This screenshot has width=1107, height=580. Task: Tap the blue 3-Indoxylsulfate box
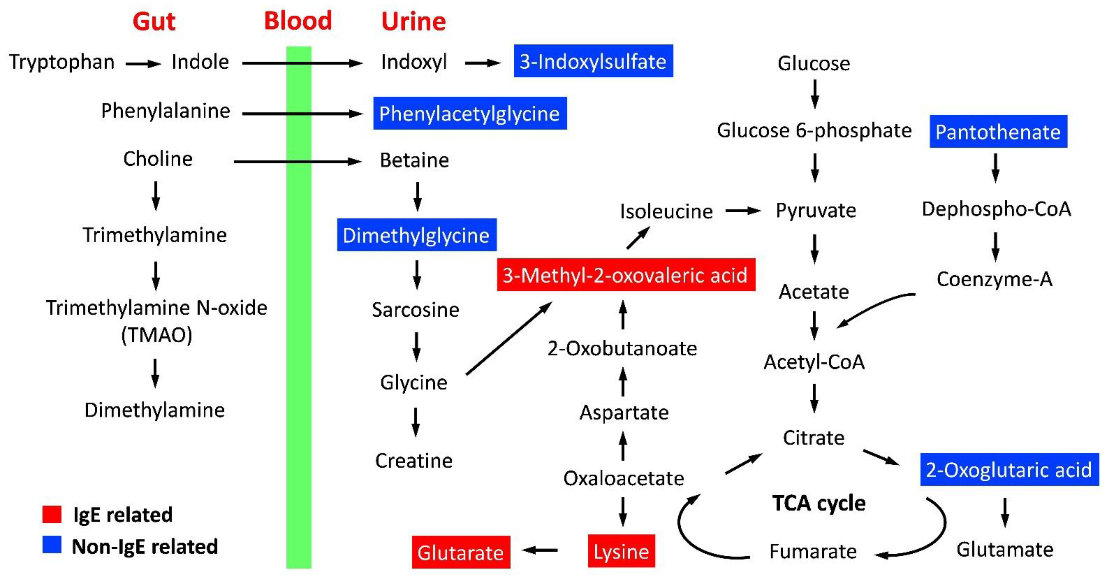[593, 61]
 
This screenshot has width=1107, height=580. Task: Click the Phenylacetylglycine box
[470, 113]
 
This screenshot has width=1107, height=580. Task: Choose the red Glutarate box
[461, 552]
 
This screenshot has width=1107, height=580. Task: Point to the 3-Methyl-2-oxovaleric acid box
[626, 275]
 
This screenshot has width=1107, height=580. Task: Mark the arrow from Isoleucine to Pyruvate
[743, 211]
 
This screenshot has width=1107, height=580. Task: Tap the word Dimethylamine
[155, 410]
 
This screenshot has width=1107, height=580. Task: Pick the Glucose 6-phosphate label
[814, 130]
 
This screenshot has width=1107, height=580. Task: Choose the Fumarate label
[813, 551]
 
